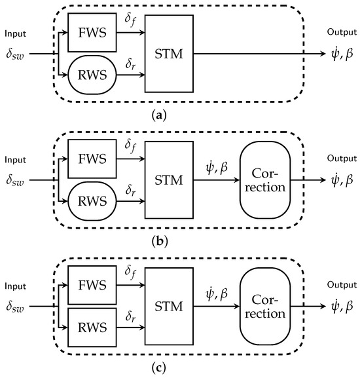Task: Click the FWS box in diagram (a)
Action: coord(92,33)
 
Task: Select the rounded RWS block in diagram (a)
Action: coord(92,75)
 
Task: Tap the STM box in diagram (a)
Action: coord(169,54)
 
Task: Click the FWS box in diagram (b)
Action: coord(92,159)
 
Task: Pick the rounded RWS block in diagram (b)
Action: coord(92,201)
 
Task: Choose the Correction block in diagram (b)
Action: coord(265,180)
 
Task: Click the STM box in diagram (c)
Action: coord(169,307)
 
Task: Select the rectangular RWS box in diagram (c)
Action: coord(92,328)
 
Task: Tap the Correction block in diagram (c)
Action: coord(265,307)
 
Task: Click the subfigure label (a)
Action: coord(160,116)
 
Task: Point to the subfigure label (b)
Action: coord(160,241)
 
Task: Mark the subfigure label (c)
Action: coord(159,368)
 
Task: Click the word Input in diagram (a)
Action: coord(16,34)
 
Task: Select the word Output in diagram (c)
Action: coord(342,285)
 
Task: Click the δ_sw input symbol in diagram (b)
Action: coord(15,180)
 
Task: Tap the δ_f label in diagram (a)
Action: coord(130,19)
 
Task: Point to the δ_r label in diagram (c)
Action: coord(130,316)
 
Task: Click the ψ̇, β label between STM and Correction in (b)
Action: coord(217,168)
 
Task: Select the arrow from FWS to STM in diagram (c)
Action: coord(130,285)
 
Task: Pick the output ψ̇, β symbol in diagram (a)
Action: coord(342,54)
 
